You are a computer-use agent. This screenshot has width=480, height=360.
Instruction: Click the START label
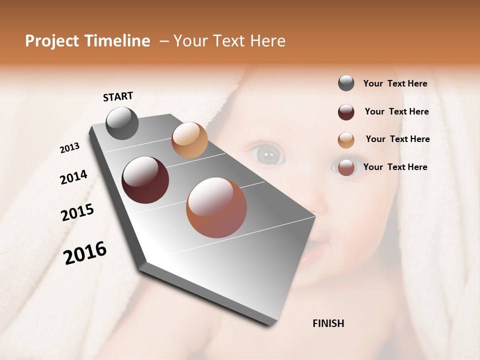coord(118,96)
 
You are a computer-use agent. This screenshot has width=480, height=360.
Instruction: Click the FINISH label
coord(328,323)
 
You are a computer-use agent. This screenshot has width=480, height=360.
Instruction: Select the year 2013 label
coord(69,148)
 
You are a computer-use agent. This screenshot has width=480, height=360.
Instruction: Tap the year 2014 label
coord(73,177)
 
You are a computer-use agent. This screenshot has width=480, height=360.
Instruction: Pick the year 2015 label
coord(77,212)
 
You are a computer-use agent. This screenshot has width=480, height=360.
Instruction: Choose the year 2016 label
coord(85,253)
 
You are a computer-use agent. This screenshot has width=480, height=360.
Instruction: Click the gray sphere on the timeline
coord(122,123)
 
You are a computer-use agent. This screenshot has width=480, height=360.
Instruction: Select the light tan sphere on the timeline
coord(189,140)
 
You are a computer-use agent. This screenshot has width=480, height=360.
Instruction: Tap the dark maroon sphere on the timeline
coord(145,180)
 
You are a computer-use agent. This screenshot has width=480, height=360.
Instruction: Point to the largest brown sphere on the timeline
coord(216,207)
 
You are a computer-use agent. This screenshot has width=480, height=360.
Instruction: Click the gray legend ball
coord(346,83)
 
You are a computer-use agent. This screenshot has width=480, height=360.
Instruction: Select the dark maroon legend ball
coord(346,112)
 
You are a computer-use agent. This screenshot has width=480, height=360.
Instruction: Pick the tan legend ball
coord(346,140)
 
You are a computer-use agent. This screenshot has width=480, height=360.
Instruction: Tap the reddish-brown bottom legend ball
coord(346,167)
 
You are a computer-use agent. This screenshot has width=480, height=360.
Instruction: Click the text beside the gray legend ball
coord(395,83)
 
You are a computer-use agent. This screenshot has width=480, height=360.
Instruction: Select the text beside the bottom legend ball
coord(395,167)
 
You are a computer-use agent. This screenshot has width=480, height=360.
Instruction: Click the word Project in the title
coord(51,41)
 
